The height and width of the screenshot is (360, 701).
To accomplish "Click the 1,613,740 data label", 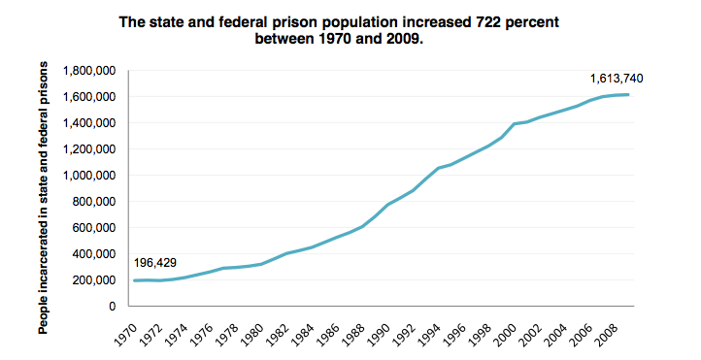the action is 617,79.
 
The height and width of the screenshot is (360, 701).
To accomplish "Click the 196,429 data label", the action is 155,263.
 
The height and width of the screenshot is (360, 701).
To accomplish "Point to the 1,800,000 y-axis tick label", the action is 89,71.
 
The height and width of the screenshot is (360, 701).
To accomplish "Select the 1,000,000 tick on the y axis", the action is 89,176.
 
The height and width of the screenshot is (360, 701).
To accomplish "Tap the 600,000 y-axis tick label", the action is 94,228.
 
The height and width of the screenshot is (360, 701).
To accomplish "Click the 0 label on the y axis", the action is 112,307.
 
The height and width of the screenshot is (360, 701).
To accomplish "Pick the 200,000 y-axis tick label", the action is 94,280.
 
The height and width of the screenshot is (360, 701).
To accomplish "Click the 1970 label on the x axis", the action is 125,335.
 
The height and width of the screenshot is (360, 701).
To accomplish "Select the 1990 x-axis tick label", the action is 379,335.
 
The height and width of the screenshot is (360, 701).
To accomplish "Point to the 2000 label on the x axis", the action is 506,335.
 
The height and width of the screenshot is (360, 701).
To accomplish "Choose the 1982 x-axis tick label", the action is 278,335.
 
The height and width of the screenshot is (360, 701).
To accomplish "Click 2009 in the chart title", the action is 402,39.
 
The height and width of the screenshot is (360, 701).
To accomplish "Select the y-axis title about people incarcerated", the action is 43,198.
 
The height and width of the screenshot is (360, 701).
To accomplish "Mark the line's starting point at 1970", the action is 135,280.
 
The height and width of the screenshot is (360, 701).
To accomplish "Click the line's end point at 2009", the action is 628,95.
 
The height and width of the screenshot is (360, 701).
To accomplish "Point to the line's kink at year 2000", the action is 515,124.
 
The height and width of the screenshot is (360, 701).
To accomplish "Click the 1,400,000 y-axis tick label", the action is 89,123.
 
